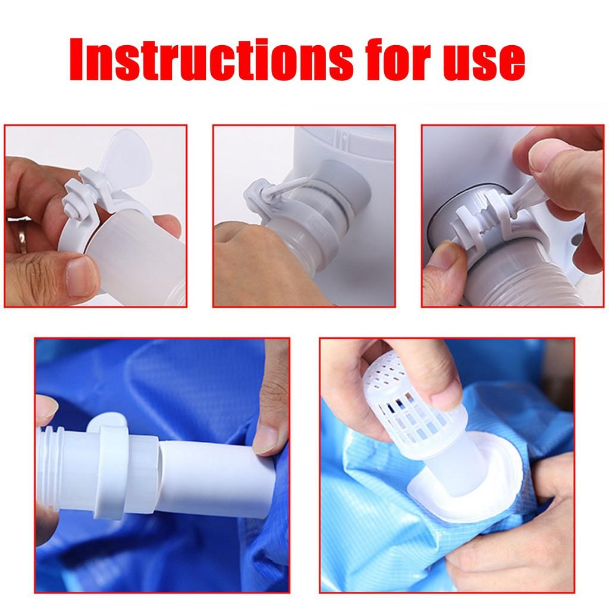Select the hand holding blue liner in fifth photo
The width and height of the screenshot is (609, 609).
click(523, 529)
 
